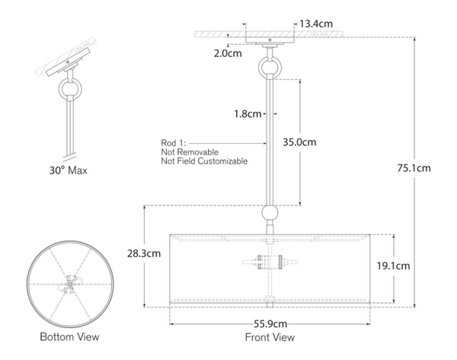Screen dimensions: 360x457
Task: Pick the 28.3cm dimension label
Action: (143, 253)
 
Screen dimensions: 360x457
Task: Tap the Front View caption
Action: (270, 337)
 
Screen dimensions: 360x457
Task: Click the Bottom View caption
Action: (69, 336)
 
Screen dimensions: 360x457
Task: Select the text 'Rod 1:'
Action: (174, 142)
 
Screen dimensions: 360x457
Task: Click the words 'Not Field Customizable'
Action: (204, 161)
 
